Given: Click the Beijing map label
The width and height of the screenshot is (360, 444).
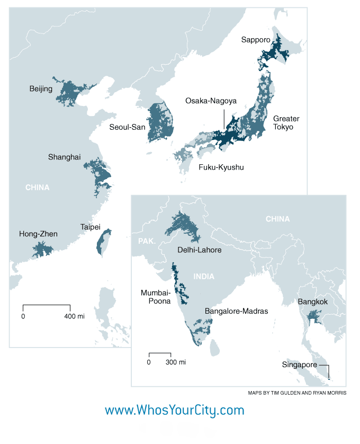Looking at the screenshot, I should pyautogui.click(x=41, y=88).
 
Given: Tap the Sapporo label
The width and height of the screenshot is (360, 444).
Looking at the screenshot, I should pyautogui.click(x=256, y=39).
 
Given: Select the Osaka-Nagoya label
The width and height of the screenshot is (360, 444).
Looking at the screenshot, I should pyautogui.click(x=211, y=101).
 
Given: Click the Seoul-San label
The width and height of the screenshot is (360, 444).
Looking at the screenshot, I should pyautogui.click(x=127, y=127).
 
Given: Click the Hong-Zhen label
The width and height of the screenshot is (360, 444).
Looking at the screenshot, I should pyautogui.click(x=38, y=234).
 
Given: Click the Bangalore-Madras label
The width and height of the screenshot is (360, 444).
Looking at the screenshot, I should pyautogui.click(x=236, y=312).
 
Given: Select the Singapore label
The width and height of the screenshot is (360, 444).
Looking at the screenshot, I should pyautogui.click(x=300, y=365).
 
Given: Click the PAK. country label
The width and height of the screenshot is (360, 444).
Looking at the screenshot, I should pyautogui.click(x=147, y=241).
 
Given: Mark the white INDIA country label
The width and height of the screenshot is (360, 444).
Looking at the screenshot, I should pyautogui.click(x=204, y=276).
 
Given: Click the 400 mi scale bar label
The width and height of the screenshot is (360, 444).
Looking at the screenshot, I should pyautogui.click(x=74, y=316).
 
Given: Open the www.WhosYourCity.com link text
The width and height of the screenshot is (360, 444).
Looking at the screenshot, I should pyautogui.click(x=175, y=410).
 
